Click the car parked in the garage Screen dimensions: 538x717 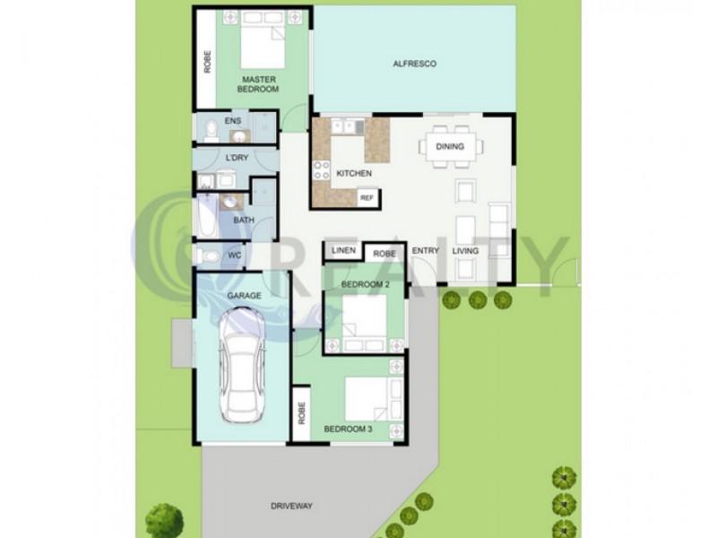[x=240, y=368]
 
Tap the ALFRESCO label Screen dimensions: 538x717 [x=414, y=64]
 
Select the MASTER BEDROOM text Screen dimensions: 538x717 [x=258, y=84]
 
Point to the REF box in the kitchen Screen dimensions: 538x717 [x=366, y=196]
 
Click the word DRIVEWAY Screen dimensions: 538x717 [x=292, y=507]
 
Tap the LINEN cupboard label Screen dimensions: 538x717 [x=345, y=250]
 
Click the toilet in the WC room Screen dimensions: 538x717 [x=208, y=256]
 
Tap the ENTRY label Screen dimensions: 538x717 [x=425, y=251]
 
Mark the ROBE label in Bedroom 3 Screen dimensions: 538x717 [x=302, y=413]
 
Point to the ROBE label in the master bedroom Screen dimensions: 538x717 [x=207, y=62]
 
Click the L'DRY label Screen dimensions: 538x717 [x=237, y=159]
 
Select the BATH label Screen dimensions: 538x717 [x=243, y=221]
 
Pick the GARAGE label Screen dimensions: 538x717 [x=244, y=294]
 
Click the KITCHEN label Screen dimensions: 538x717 [x=353, y=173]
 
